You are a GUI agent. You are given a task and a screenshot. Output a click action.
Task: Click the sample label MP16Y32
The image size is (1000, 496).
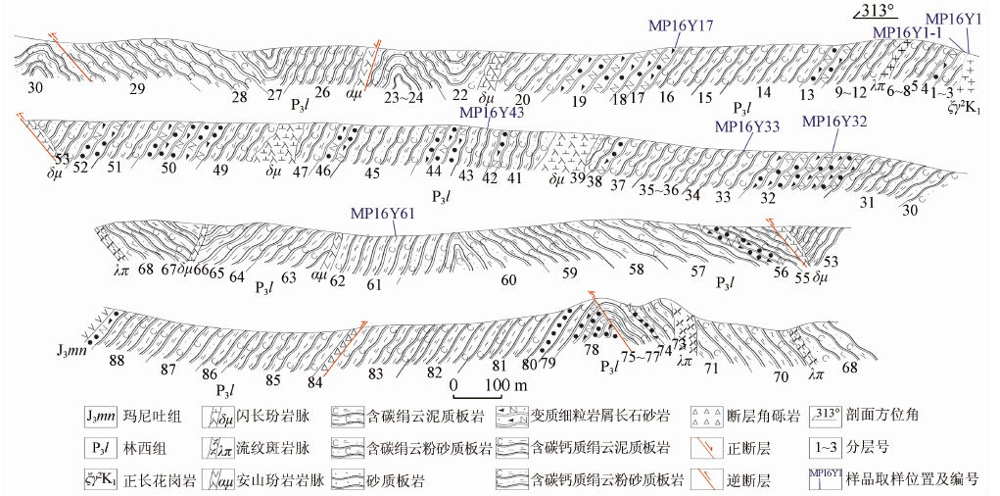point(834,122)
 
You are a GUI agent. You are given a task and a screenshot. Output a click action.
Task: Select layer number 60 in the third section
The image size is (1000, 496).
point(508,279)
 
